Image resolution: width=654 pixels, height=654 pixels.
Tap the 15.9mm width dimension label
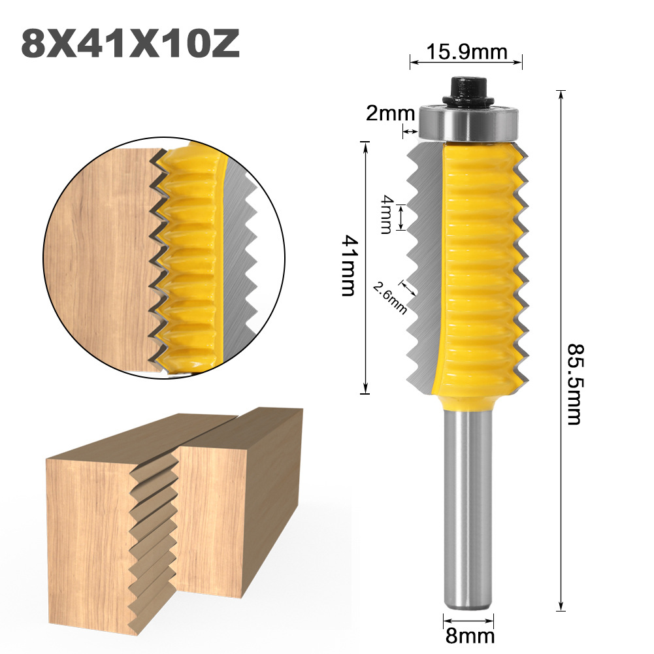click(x=466, y=51)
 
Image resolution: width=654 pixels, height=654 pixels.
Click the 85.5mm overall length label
click(x=573, y=384)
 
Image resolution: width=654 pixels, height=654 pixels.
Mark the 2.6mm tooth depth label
click(x=389, y=297)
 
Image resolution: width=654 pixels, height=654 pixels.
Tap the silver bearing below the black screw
click(x=467, y=122)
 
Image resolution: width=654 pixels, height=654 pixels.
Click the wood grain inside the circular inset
click(x=98, y=261)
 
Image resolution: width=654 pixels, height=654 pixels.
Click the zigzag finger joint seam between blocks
click(x=154, y=536)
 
